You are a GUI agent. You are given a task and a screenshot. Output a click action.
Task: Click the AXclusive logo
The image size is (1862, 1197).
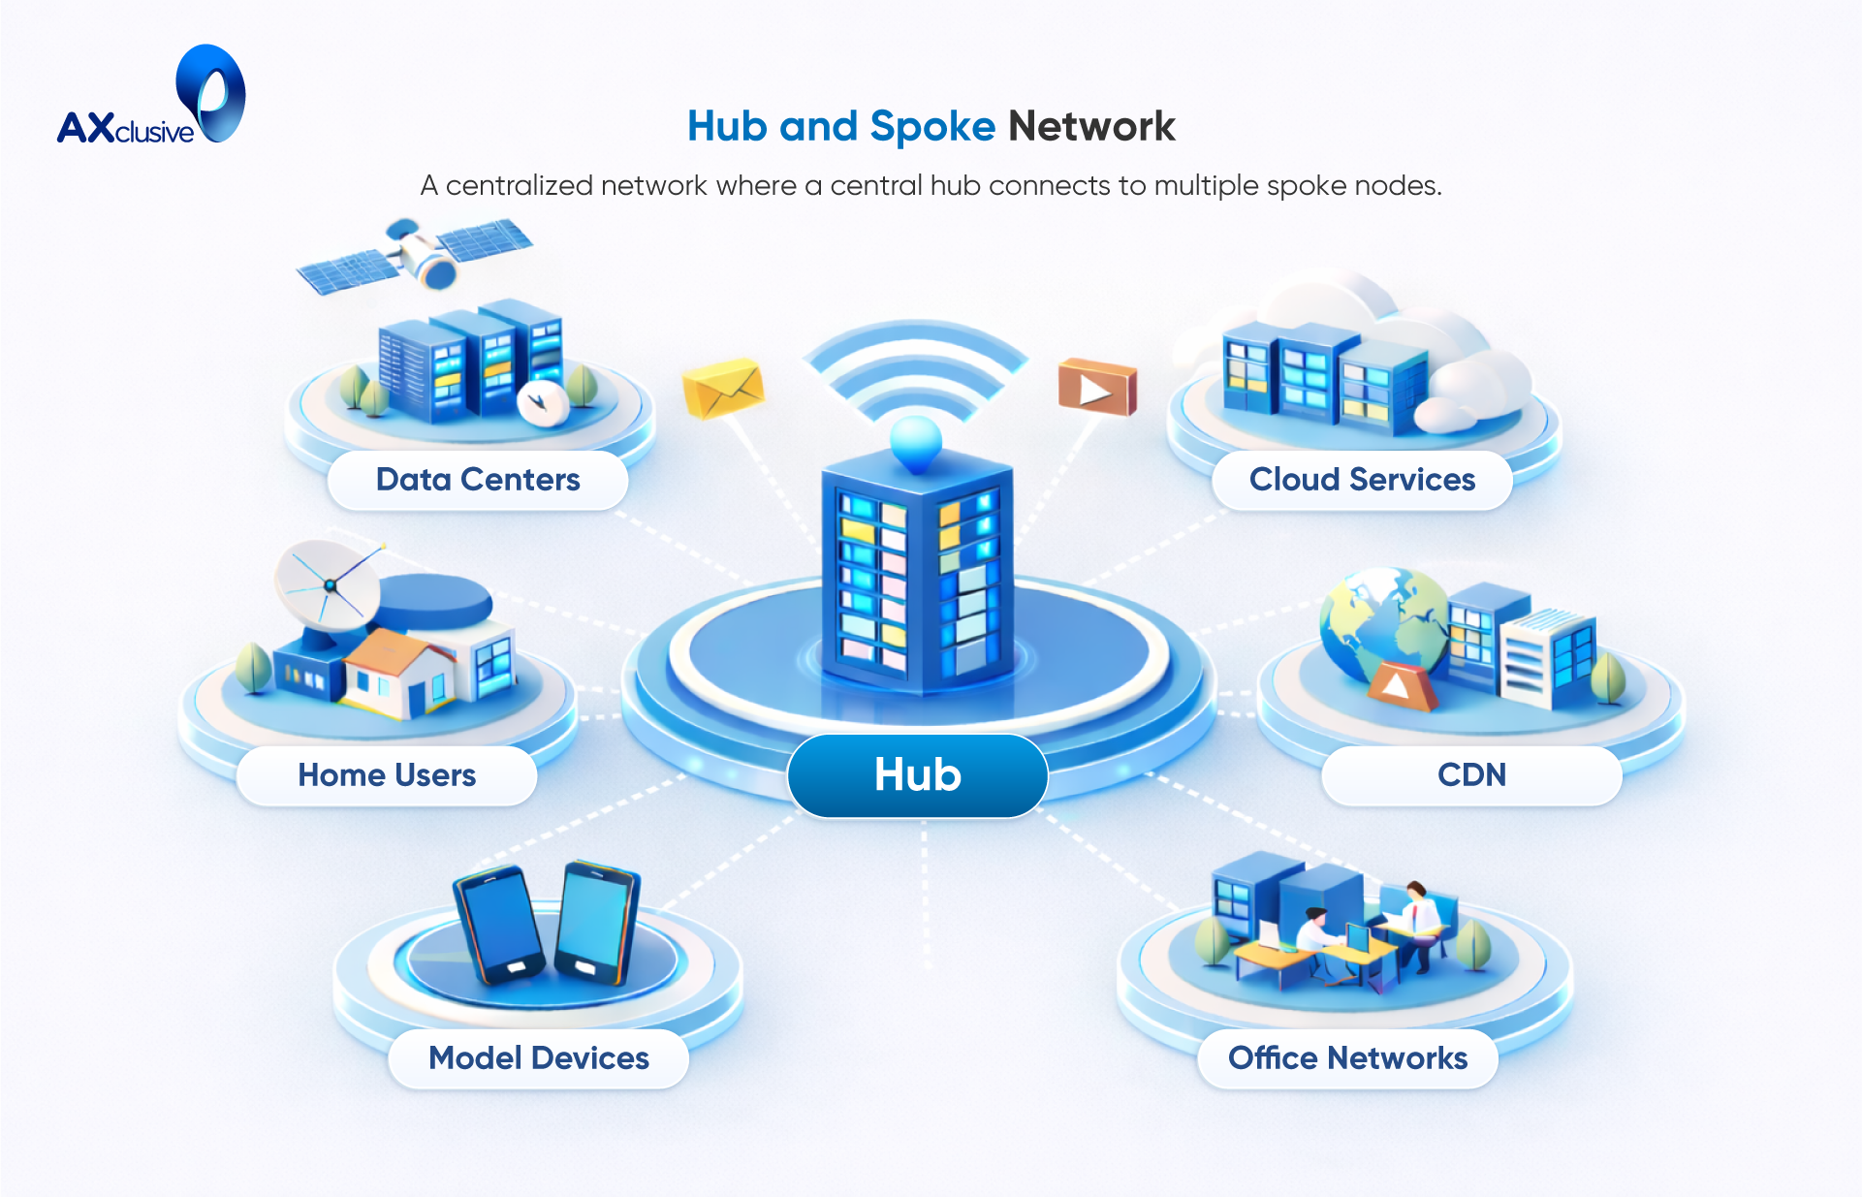pos(150,97)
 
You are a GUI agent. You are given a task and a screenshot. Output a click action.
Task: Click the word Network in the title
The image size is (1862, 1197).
pos(1091,126)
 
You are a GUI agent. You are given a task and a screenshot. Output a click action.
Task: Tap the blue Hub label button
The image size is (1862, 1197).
pos(917,774)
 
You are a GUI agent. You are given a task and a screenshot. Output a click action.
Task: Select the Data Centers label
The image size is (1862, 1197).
pos(478,480)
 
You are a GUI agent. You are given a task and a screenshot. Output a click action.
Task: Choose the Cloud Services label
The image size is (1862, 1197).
pos(1362,480)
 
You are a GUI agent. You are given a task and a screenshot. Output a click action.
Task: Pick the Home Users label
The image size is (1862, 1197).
pos(387,775)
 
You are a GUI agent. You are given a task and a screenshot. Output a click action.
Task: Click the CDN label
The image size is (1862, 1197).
pos(1471,775)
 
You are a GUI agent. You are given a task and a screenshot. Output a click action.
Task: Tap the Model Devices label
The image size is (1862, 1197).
pos(539,1058)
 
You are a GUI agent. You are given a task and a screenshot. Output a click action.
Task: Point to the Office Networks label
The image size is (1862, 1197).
pos(1347,1058)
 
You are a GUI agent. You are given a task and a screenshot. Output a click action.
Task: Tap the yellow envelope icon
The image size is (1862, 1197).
pos(723,388)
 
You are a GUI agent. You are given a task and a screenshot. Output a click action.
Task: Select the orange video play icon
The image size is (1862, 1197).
pos(1097,387)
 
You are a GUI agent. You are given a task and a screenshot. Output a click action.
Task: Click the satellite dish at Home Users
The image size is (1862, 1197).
pos(327,584)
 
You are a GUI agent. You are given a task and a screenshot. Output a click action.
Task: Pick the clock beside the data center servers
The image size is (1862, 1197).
pos(542,402)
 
